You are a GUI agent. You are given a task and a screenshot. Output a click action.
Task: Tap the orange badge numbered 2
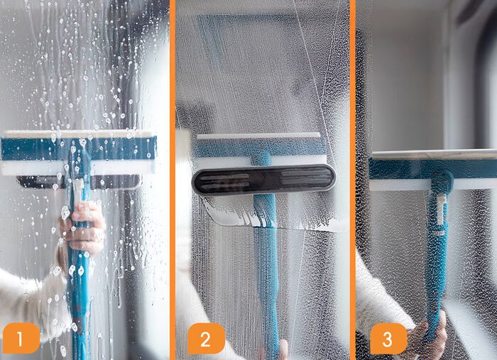tap(205, 339)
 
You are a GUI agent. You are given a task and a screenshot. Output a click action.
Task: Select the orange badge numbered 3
tap(388, 339)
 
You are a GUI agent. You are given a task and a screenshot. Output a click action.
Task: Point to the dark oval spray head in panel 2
tap(263, 179)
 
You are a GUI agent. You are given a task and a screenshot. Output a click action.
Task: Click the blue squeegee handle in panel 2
tap(266, 270)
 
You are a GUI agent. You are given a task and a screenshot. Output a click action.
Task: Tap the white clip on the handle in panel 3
tap(440, 213)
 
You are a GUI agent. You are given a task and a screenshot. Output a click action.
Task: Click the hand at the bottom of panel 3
tap(431, 334)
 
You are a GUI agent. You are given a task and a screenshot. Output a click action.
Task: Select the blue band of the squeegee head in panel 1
tap(43, 148)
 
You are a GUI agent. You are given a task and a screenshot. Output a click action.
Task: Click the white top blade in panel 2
tap(258, 135)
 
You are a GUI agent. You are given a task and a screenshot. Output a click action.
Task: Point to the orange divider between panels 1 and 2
tap(173, 178)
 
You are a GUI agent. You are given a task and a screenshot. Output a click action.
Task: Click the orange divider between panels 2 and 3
tap(352, 178)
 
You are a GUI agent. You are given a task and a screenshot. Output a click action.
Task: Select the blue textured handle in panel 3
tap(435, 270)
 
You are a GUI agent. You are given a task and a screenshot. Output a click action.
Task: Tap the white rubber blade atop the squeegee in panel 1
tap(78, 133)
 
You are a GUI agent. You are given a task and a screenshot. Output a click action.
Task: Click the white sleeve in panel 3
tap(376, 298)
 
